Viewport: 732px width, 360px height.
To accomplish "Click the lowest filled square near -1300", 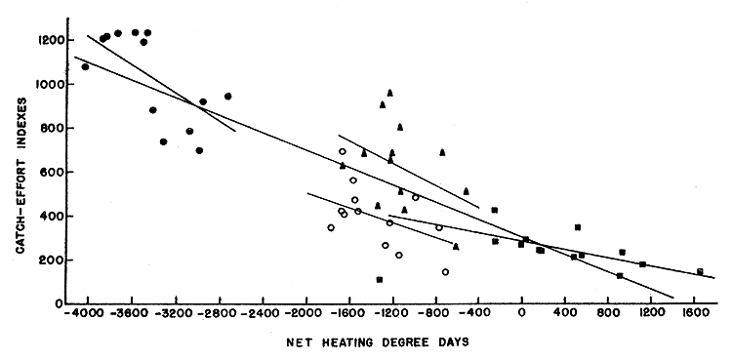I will tap(379, 280).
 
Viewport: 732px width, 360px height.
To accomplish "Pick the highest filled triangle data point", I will tap(389, 93).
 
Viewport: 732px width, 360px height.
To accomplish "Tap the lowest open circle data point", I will tap(445, 272).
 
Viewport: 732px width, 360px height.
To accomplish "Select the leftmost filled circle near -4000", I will tap(85, 66).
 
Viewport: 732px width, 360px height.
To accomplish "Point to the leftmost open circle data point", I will tap(331, 227).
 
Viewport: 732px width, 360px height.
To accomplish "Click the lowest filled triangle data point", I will tap(456, 246).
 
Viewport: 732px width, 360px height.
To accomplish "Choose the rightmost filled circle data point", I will tap(227, 96).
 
